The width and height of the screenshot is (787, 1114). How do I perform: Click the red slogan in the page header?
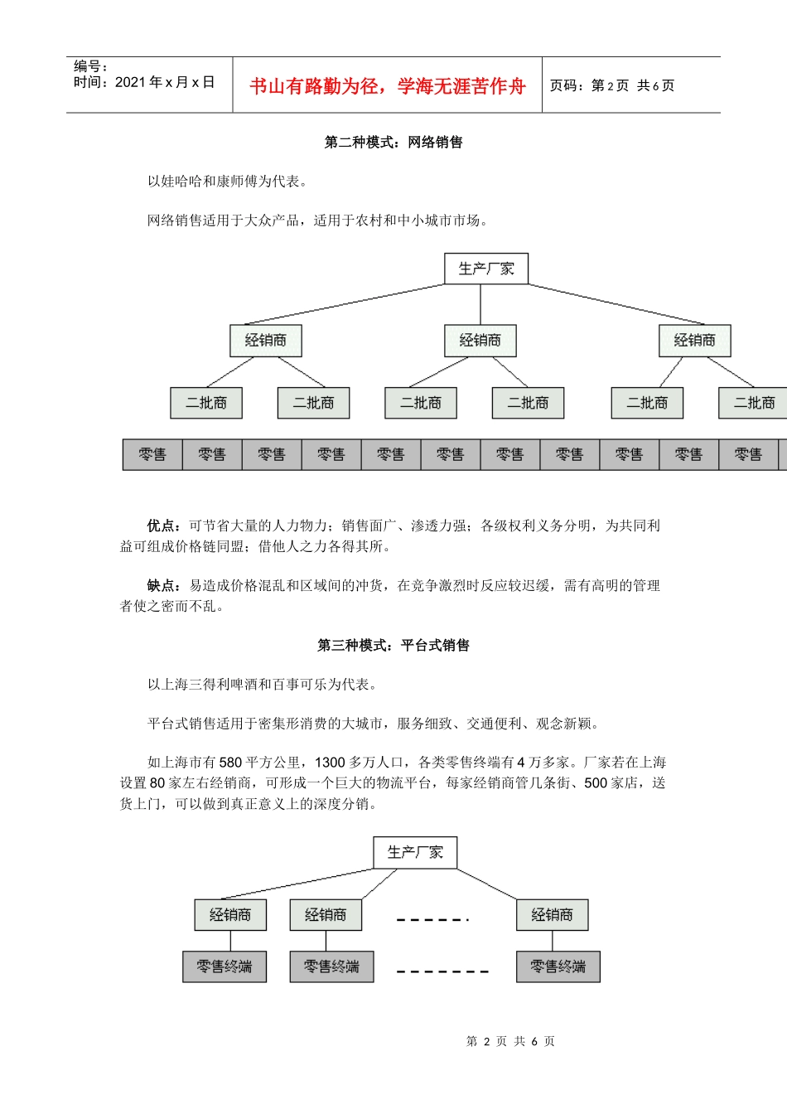(387, 86)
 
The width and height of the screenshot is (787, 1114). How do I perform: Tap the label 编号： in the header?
(91, 67)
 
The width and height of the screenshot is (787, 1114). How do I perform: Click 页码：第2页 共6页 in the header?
(612, 85)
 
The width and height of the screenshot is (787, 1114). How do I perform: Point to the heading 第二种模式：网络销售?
(393, 143)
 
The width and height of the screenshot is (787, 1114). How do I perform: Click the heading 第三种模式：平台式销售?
(393, 646)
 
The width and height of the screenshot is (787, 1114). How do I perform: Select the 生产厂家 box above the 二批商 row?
(486, 269)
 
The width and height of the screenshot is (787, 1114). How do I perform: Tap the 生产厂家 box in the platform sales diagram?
(415, 852)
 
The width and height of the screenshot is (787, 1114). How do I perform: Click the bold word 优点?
(162, 526)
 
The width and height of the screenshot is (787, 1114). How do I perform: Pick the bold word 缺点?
(162, 586)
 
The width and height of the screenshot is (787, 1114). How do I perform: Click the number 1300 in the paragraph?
(330, 763)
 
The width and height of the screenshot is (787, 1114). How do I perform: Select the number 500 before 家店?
(596, 783)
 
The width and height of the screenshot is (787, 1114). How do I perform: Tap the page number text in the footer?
(510, 1041)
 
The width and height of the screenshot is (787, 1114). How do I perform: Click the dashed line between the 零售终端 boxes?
(442, 971)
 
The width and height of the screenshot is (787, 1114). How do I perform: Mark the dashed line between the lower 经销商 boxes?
(432, 919)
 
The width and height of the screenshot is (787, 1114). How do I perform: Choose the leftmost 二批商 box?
(206, 403)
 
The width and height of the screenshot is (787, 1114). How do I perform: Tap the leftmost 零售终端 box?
(225, 966)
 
